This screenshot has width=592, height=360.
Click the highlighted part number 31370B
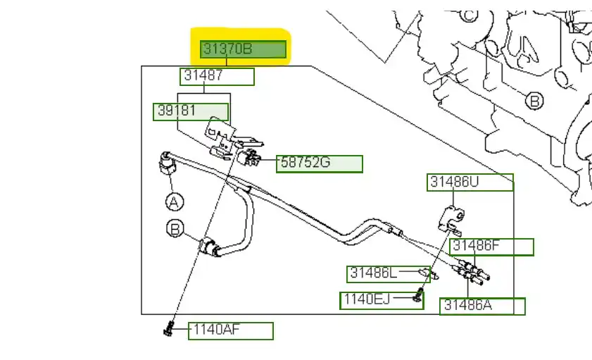tap(243, 49)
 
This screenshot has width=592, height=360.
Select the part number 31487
tap(217, 76)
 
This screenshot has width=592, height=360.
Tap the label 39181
tap(191, 111)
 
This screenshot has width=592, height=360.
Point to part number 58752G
tap(319, 163)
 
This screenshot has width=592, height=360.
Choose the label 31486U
tap(470, 182)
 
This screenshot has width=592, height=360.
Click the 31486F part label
tap(491, 247)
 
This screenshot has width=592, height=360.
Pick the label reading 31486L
tap(383, 273)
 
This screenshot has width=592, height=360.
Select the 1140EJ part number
tap(375, 300)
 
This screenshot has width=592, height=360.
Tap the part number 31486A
tap(482, 306)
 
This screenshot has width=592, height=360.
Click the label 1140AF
tap(230, 330)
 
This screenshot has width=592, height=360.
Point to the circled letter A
tap(174, 202)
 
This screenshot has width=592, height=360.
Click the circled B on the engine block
tap(535, 101)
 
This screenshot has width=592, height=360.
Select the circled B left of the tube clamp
tap(175, 228)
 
